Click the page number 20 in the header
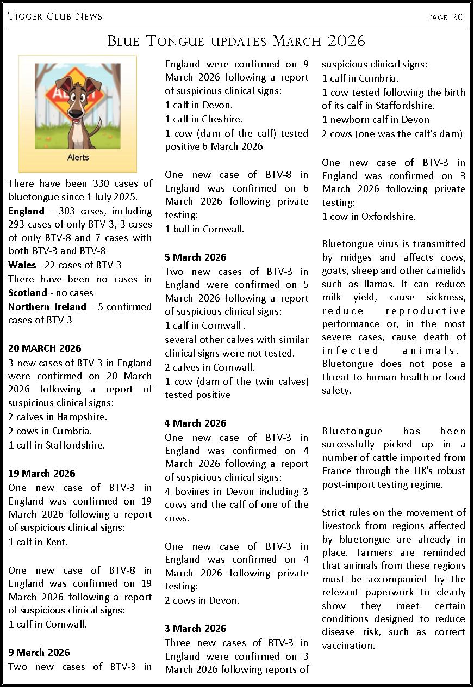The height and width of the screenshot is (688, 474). (x=458, y=17)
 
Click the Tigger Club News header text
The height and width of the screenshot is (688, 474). (x=55, y=17)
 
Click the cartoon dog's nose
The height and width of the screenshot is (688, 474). (x=77, y=113)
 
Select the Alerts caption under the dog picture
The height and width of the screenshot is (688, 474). (x=78, y=158)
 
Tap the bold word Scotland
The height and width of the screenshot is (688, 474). (x=28, y=293)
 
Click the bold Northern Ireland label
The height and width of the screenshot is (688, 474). (x=47, y=307)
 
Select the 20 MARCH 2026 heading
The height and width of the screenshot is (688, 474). (x=45, y=348)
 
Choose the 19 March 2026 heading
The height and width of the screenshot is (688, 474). (x=42, y=474)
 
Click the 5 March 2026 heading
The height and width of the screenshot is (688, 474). (x=196, y=257)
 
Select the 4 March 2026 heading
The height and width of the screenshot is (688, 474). (x=196, y=423)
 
